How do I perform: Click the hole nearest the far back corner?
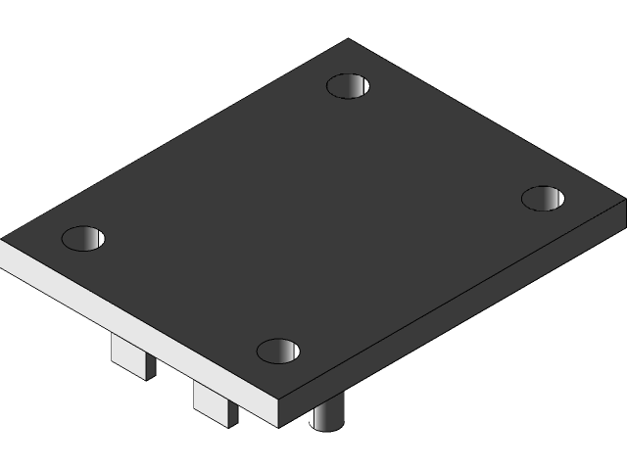click(x=349, y=86)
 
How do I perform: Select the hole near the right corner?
click(x=543, y=199)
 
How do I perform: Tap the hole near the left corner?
click(x=83, y=238)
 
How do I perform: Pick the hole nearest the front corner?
click(x=278, y=351)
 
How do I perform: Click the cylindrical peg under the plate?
click(x=326, y=415)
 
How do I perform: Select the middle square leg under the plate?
click(x=214, y=401)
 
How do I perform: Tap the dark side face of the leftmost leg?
click(x=150, y=364)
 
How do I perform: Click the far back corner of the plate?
click(x=349, y=40)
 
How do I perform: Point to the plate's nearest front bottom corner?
click(x=280, y=427)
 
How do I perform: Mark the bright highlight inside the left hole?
click(x=93, y=238)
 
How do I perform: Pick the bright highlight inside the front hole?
click(x=288, y=351)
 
